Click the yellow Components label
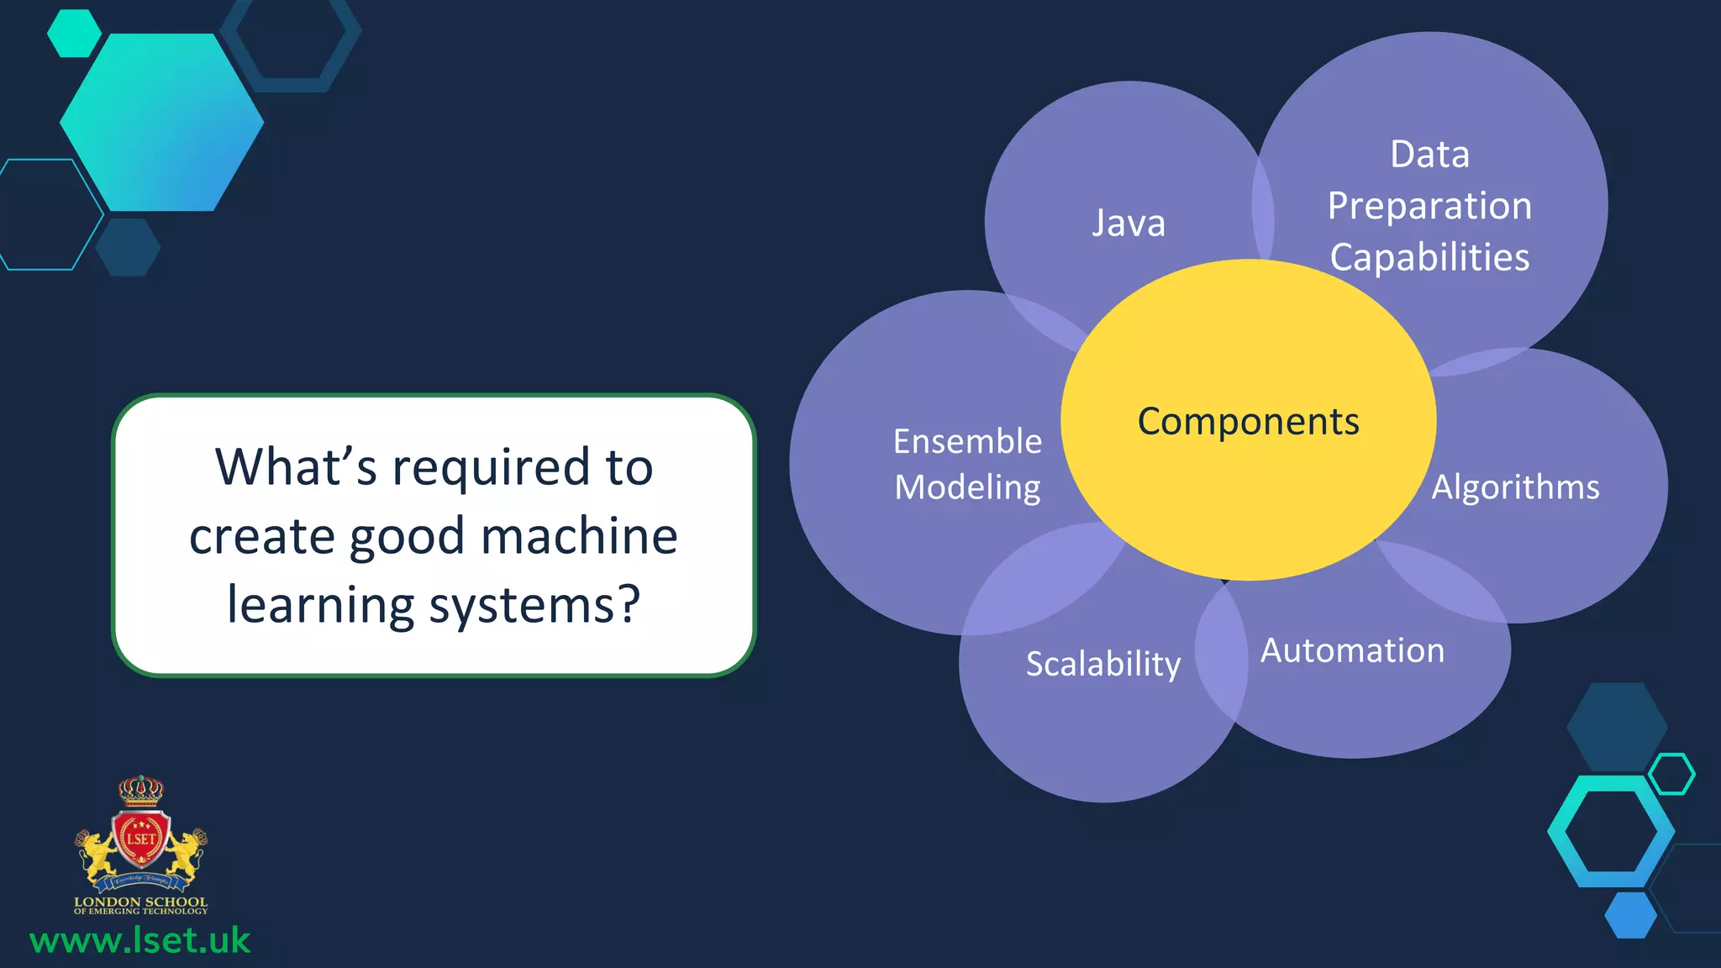pyautogui.click(x=1248, y=421)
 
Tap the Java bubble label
pyautogui.click(x=1129, y=224)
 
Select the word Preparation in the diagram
pyautogui.click(x=1429, y=206)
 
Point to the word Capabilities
pyautogui.click(x=1429, y=257)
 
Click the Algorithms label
pyautogui.click(x=1515, y=487)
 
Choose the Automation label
pyautogui.click(x=1352, y=650)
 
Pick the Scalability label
pyautogui.click(x=1103, y=664)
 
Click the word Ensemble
pyautogui.click(x=967, y=441)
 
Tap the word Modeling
pyautogui.click(x=967, y=487)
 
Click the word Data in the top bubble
pyautogui.click(x=1429, y=155)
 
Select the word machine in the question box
pyautogui.click(x=579, y=536)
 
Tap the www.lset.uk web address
pyautogui.click(x=140, y=940)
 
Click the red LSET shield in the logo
pyautogui.click(x=141, y=839)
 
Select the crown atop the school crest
pyautogui.click(x=140, y=790)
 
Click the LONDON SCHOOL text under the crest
pyautogui.click(x=140, y=902)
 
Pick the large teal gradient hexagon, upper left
pyautogui.click(x=162, y=122)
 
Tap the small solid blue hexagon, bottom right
pyautogui.click(x=1630, y=915)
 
